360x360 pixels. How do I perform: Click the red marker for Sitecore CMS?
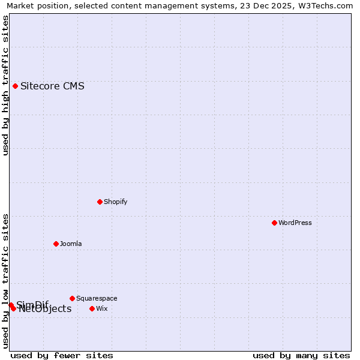click(x=15, y=86)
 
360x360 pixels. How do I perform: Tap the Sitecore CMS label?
click(x=52, y=86)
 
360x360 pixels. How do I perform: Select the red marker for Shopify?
click(x=100, y=202)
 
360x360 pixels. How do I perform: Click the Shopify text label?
click(x=115, y=202)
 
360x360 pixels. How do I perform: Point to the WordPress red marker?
click(x=274, y=223)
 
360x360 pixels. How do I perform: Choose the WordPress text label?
click(x=295, y=223)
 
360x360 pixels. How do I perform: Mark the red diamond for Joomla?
click(x=56, y=244)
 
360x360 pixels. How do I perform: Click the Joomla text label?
click(x=71, y=244)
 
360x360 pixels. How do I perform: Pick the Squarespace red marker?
click(x=72, y=298)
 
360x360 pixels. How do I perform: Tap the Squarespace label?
click(x=97, y=298)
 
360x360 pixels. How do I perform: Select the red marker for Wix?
click(x=92, y=308)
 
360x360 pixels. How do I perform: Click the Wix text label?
click(x=102, y=308)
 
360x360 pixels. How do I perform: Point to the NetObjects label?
click(x=45, y=310)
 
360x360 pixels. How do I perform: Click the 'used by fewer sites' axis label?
click(x=62, y=355)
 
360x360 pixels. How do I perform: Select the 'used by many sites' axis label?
click(x=301, y=355)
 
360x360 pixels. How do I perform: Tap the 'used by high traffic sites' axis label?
click(x=5, y=85)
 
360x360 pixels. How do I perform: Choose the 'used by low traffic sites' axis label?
click(x=5, y=281)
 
